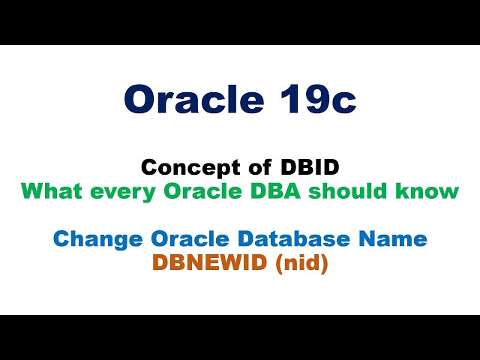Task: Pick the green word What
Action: [x=49, y=190]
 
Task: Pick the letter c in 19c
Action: [x=342, y=102]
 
